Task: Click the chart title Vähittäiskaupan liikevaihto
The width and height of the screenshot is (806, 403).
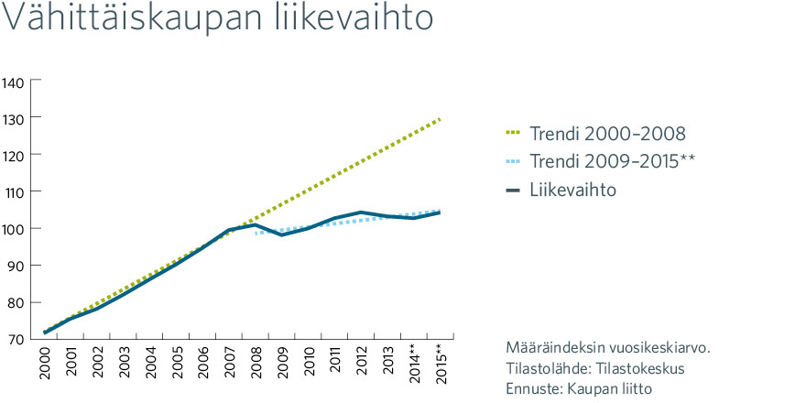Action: tap(218, 18)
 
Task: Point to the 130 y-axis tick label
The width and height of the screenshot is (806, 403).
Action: tap(13, 118)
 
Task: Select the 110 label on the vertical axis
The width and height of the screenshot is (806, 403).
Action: tap(13, 191)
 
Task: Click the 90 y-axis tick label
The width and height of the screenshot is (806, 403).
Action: tap(16, 266)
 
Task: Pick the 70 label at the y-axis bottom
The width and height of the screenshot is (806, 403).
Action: tap(16, 340)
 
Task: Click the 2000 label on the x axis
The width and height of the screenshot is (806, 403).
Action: tap(45, 364)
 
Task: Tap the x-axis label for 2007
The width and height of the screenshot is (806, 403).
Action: tap(229, 364)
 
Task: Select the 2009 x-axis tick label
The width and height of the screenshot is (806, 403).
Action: tap(282, 364)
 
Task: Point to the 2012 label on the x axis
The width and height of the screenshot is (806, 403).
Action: tap(362, 364)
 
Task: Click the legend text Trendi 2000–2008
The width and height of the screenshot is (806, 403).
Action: tap(607, 134)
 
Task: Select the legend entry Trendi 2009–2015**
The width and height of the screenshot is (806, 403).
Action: tap(612, 162)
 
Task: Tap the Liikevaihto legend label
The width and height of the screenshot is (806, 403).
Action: tap(573, 191)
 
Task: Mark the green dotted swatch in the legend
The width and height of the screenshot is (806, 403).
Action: tap(514, 135)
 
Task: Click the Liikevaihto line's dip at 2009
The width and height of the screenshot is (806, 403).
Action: tap(282, 234)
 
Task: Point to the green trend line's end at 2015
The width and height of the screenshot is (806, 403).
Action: tap(440, 119)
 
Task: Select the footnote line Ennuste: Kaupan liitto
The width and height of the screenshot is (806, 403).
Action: tap(579, 388)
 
